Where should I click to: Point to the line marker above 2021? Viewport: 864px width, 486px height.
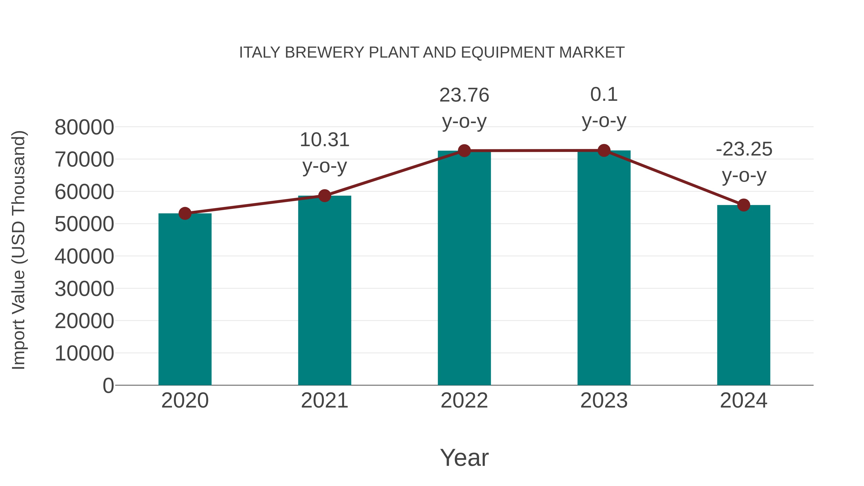click(324, 196)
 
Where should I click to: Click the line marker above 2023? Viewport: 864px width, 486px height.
click(604, 150)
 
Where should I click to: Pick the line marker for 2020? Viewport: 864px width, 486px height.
click(185, 213)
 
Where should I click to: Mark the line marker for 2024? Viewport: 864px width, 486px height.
click(744, 205)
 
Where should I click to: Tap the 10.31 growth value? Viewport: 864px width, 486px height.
click(324, 140)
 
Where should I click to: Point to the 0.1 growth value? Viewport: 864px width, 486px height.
click(604, 95)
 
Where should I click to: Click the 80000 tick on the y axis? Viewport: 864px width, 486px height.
click(84, 127)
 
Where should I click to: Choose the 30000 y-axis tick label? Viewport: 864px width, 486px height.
click(84, 289)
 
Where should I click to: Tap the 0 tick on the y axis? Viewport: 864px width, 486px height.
click(108, 385)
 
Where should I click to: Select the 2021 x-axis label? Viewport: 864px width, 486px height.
click(324, 401)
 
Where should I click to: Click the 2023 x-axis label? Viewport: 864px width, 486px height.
click(604, 401)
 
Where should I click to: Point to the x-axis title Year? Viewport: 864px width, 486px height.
click(464, 457)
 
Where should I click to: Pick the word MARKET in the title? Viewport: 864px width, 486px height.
click(592, 53)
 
